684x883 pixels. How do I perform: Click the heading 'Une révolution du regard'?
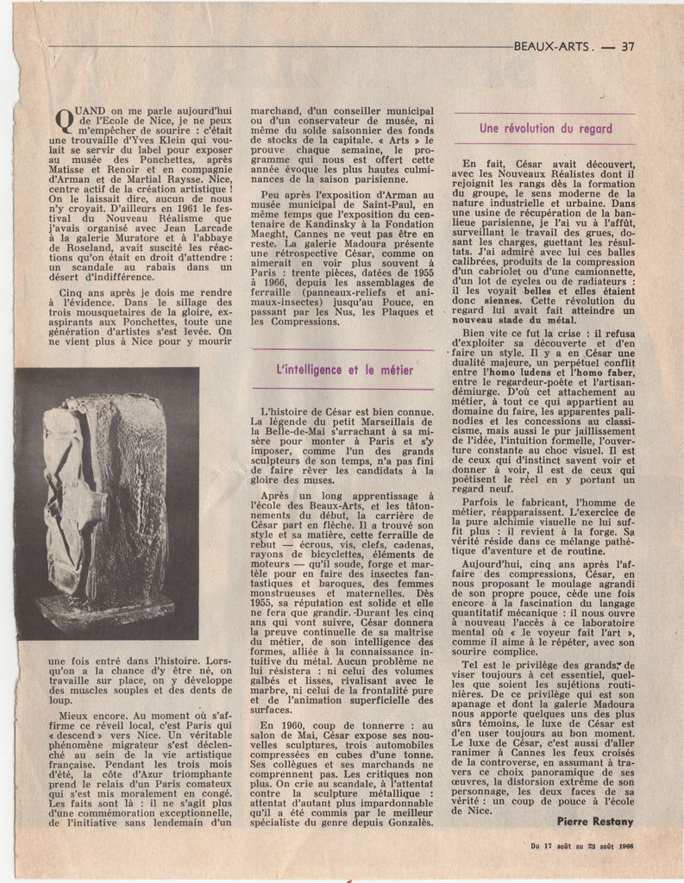click(x=545, y=128)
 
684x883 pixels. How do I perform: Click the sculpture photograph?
click(x=106, y=503)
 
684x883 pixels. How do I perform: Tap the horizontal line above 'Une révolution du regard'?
click(x=545, y=113)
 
